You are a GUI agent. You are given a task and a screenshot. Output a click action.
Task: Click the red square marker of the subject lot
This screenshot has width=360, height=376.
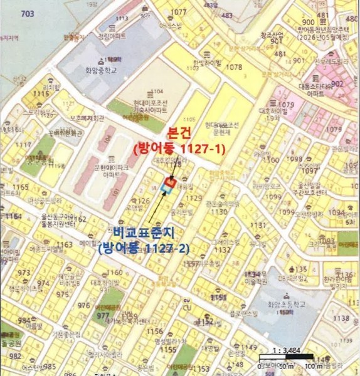(x=168, y=182)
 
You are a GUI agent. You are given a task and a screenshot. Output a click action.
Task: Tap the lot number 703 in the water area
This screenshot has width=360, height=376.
(x=27, y=14)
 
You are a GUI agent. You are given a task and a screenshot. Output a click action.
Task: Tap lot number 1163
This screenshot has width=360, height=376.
(x=65, y=244)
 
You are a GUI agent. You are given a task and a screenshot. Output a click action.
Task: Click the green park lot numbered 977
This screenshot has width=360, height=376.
(x=102, y=316)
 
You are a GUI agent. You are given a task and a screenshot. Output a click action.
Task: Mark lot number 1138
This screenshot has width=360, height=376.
(x=341, y=318)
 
